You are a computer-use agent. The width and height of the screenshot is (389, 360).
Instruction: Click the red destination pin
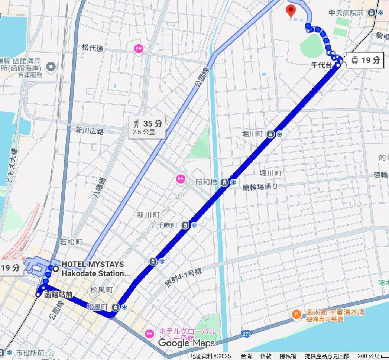point(291,11)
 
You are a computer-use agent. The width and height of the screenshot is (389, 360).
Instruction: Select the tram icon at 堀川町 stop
point(271,134)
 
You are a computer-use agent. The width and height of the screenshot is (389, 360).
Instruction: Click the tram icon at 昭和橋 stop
point(224,182)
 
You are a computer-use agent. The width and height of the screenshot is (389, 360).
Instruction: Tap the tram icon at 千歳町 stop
point(185,225)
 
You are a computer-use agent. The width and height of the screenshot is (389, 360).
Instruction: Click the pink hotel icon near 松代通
point(139,48)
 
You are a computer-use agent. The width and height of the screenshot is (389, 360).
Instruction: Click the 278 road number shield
point(246,334)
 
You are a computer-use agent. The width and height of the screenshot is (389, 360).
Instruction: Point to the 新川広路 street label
point(90,130)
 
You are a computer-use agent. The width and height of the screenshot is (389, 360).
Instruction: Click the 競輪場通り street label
point(260,187)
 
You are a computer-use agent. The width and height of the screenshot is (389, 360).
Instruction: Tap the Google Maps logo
point(187,343)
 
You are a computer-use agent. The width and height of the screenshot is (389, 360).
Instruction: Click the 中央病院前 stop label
point(346,13)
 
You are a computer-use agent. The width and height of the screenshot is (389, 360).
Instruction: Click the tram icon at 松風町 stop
point(116,307)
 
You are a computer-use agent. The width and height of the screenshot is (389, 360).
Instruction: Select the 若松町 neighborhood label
point(71,242)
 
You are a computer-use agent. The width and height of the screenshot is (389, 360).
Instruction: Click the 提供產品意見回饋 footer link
point(327,356)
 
